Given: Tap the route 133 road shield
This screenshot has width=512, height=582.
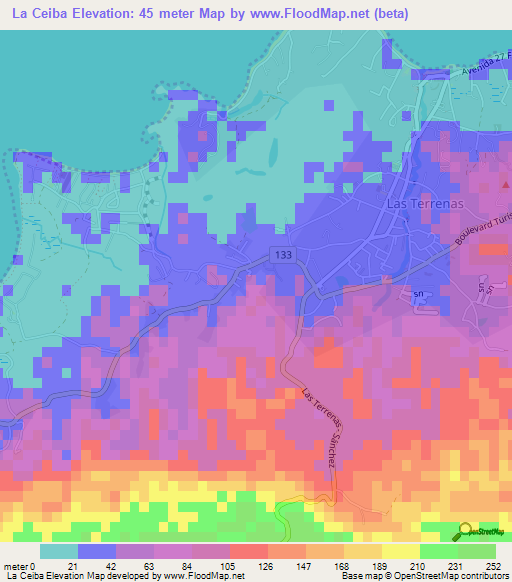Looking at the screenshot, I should (x=286, y=257).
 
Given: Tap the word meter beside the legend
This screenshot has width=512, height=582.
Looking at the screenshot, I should (x=15, y=566).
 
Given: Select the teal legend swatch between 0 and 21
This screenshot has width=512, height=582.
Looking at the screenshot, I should (x=59, y=551).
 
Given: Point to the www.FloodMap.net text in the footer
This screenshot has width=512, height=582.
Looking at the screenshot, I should (x=203, y=577).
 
